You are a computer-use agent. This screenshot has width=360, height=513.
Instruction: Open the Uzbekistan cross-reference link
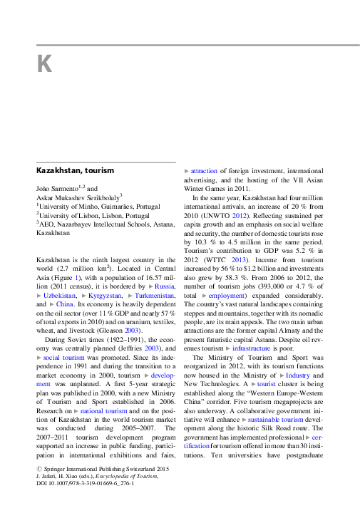point(62,294)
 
